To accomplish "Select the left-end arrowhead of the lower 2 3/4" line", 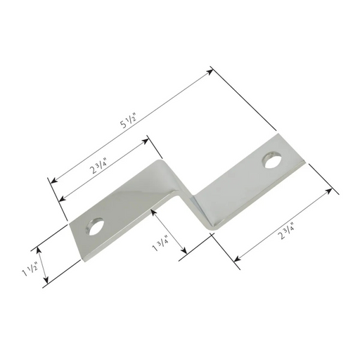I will click(236, 262).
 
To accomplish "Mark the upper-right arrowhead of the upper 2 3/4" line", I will click(149, 139).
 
